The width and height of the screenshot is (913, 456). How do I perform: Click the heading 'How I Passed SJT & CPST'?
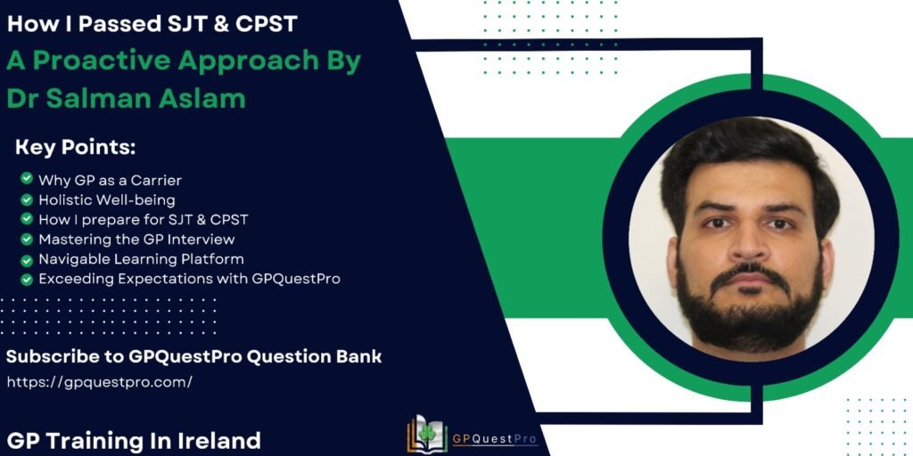point(152,24)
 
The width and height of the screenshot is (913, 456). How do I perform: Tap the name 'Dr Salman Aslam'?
point(126,98)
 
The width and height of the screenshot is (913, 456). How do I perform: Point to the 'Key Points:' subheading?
point(75,148)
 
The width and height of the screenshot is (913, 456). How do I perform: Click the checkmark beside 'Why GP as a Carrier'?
point(26,178)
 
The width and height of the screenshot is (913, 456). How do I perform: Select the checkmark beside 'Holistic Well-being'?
point(26,199)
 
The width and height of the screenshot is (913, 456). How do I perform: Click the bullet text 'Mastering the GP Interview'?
point(136,239)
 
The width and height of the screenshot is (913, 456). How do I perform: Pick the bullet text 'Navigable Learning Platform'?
point(141,259)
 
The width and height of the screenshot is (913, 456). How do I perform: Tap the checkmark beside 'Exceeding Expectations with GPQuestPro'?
point(26,279)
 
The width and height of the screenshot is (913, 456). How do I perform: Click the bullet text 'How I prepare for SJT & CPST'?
point(144,219)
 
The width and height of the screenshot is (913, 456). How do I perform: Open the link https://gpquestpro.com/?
point(99,382)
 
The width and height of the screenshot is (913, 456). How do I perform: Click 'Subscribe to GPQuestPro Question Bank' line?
point(193,356)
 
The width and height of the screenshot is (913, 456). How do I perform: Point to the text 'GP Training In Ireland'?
point(135,440)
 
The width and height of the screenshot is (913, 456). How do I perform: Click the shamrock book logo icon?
point(427,434)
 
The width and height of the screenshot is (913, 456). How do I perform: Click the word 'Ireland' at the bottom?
point(217,440)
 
